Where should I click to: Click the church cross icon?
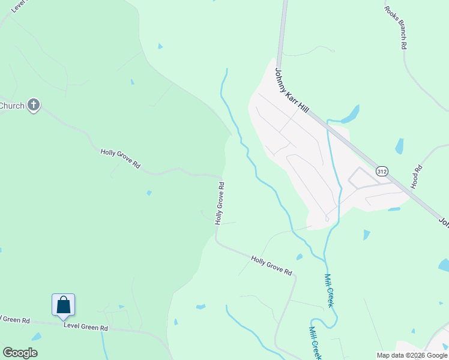(34, 106)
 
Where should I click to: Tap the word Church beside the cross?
(12, 106)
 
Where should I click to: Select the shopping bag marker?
(63, 305)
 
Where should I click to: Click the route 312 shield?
(382, 172)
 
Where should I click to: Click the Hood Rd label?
(417, 178)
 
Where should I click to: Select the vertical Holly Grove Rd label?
(220, 203)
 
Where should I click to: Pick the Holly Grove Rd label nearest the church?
(120, 158)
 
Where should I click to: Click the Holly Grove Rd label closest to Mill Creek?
(271, 265)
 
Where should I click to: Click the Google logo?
(20, 353)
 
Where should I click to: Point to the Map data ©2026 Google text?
(412, 355)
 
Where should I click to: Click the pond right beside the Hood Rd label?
(399, 146)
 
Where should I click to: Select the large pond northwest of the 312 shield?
(350, 113)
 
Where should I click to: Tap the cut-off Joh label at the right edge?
(443, 223)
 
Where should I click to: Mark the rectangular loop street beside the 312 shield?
(361, 178)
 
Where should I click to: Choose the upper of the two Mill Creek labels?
(329, 290)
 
